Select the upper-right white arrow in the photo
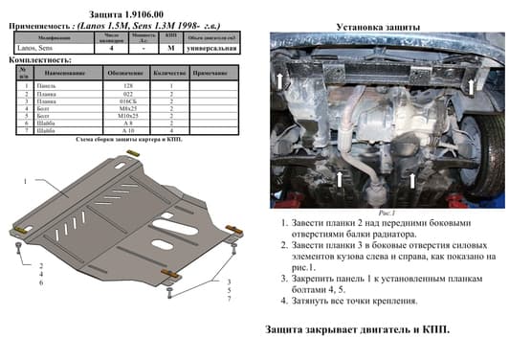[470, 84]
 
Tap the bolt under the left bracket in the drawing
[20, 251]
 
